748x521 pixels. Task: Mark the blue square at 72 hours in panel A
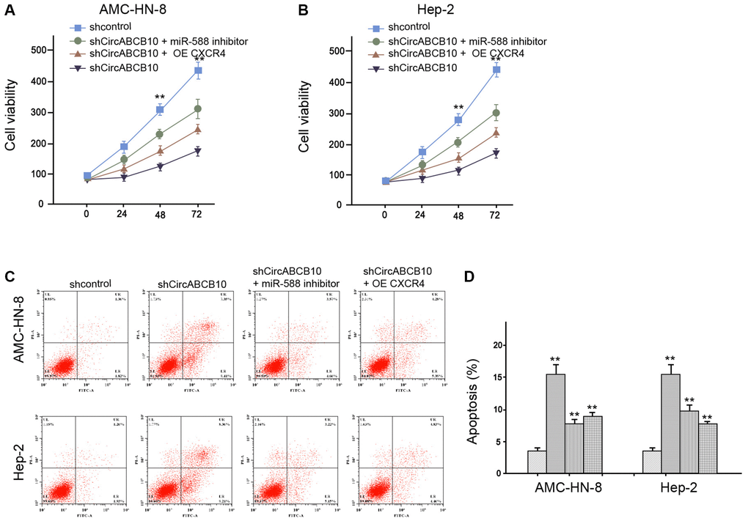(198, 71)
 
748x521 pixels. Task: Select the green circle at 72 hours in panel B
(496, 113)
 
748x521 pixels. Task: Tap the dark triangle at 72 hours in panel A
(198, 152)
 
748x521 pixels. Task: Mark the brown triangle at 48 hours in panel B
(458, 158)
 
